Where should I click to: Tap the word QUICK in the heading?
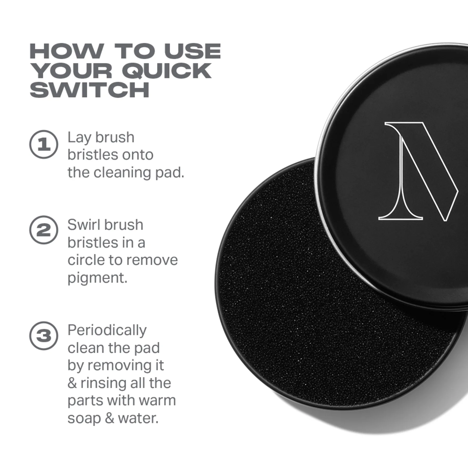(x=167, y=71)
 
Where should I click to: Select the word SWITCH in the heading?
(x=90, y=90)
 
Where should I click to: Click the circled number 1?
(x=44, y=144)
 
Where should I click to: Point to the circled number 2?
(x=44, y=230)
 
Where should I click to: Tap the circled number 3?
(x=44, y=336)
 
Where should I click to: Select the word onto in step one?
(x=138, y=155)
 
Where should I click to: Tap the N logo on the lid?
(x=418, y=171)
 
